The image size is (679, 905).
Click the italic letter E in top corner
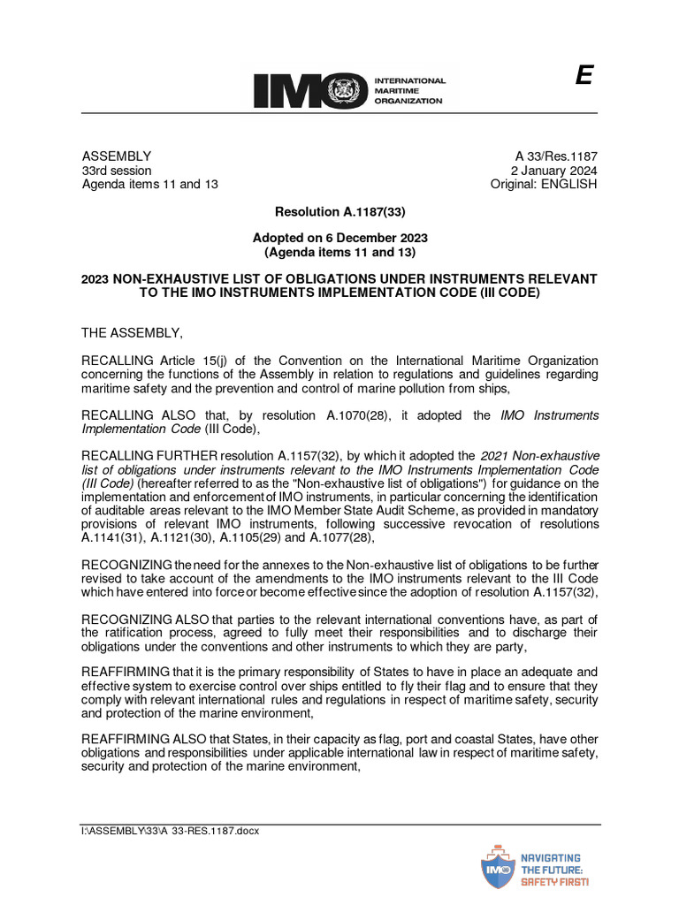tap(583, 77)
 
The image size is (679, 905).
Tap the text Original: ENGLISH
tap(544, 184)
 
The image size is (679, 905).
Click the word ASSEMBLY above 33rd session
tap(116, 156)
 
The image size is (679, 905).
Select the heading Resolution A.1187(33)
tap(339, 212)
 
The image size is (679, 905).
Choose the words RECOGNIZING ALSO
tap(147, 620)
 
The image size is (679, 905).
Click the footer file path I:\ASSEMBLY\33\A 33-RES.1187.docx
tap(170, 831)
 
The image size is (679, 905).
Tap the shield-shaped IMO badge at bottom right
tap(500, 867)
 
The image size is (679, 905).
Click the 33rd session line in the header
tap(116, 170)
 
